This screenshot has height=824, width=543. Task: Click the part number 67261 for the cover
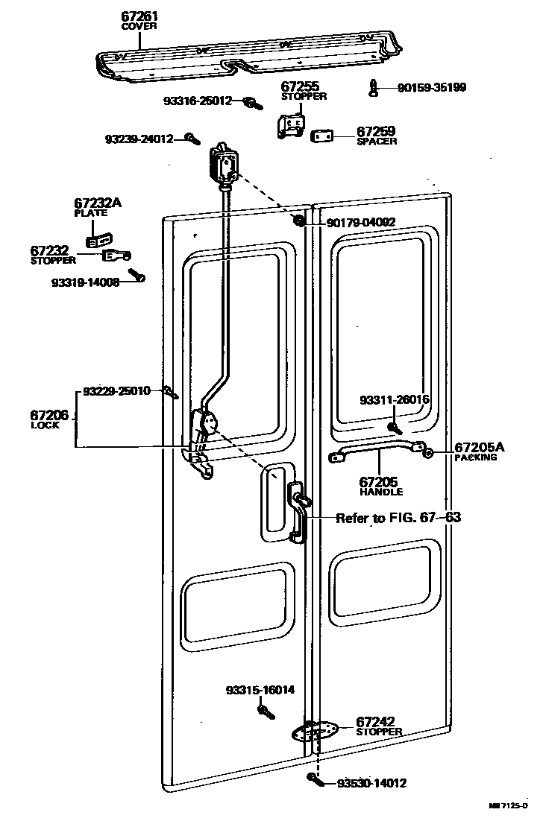[139, 16]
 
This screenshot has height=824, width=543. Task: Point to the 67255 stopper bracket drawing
[290, 124]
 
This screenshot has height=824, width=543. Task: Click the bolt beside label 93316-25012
[254, 102]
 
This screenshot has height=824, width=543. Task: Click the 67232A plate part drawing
[97, 240]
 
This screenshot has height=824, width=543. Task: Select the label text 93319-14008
[85, 283]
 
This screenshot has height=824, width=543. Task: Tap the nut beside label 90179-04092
[299, 221]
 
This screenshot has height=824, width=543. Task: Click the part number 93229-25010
[116, 390]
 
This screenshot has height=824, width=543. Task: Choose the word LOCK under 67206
[45, 425]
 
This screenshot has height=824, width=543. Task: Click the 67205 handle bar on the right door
[379, 451]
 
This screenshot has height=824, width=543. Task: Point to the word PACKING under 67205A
[475, 457]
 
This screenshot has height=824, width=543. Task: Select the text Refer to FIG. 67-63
[398, 518]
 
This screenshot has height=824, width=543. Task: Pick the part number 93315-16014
[260, 690]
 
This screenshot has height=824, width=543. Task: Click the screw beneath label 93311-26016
[392, 428]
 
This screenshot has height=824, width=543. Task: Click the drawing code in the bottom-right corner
[514, 805]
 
